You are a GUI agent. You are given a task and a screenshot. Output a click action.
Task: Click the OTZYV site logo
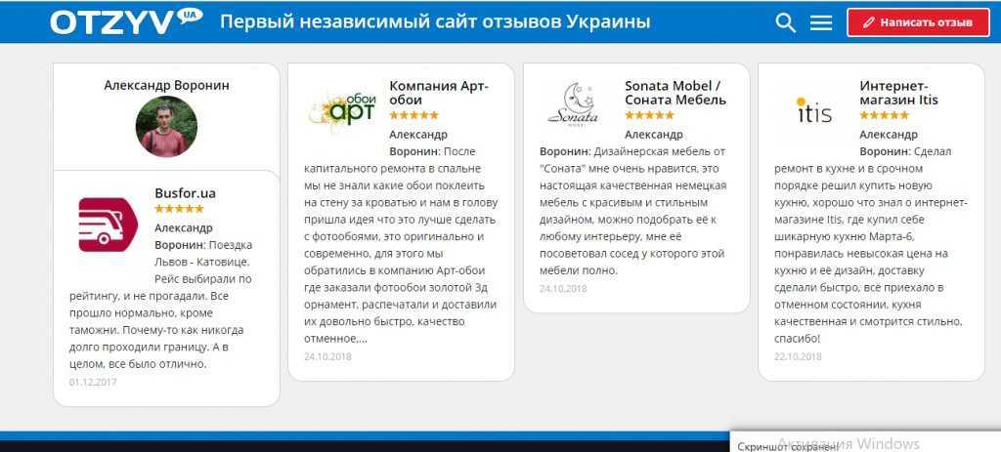pyautogui.click(x=126, y=21)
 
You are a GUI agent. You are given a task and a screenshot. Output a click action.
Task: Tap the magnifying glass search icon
pyautogui.click(x=785, y=23)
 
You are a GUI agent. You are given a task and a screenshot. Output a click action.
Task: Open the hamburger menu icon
pyautogui.click(x=821, y=23)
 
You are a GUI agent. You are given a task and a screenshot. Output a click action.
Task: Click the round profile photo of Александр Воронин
pyautogui.click(x=166, y=126)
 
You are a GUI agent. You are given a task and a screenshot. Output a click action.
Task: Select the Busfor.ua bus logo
pyautogui.click(x=108, y=225)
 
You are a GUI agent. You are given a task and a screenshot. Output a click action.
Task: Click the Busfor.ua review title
pyautogui.click(x=185, y=192)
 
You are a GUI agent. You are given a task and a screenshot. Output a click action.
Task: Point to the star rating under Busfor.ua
pyautogui.click(x=180, y=209)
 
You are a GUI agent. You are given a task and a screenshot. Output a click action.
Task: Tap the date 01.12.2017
pyautogui.click(x=93, y=382)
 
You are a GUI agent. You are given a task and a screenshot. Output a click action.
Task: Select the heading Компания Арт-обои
pyautogui.click(x=439, y=93)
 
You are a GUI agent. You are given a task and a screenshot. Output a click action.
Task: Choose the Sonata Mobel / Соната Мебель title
pyautogui.click(x=675, y=93)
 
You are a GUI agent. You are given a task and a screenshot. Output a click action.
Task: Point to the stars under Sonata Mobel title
pyautogui.click(x=649, y=115)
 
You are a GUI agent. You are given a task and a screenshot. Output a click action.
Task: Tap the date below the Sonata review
pyautogui.click(x=563, y=288)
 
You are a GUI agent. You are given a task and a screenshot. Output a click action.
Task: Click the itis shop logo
pyautogui.click(x=814, y=110)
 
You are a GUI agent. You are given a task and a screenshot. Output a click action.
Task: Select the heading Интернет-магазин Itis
pyautogui.click(x=899, y=93)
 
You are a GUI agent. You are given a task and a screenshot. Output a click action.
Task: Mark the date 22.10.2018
pyautogui.click(x=798, y=356)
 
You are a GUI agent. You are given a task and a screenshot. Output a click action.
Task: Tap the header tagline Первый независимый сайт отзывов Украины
pyautogui.click(x=435, y=22)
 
